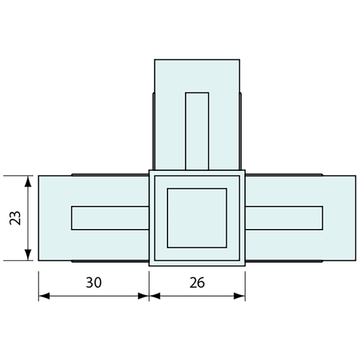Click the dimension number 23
click(15, 217)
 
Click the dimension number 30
click(94, 282)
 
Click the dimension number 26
click(197, 282)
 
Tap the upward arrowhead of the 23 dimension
click(28, 182)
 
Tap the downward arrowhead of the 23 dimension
click(28, 255)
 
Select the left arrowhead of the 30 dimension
click(44, 296)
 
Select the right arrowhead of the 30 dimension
click(143, 296)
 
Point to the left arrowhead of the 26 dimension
click(155, 296)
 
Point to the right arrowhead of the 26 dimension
click(240, 296)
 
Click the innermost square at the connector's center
click(197, 218)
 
